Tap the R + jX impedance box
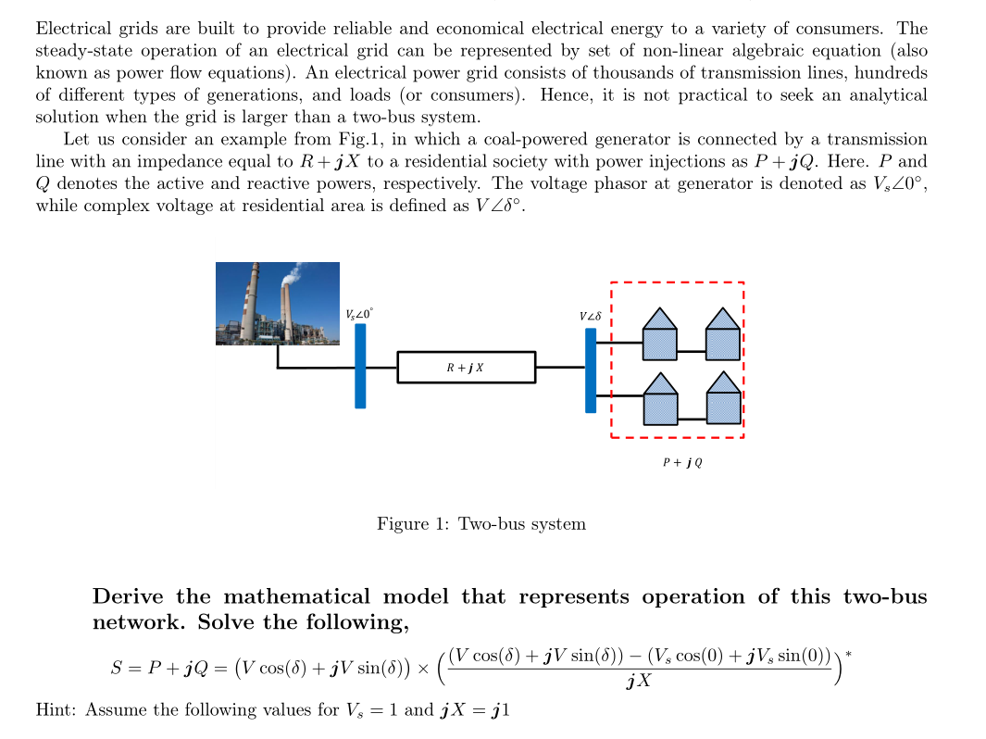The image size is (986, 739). pos(466,367)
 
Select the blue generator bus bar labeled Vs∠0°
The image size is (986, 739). pos(360,365)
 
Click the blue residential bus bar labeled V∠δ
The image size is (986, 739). pos(591,369)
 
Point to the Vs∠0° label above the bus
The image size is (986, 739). pos(359,314)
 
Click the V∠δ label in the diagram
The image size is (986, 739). pos(591,317)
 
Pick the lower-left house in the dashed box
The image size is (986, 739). pos(660,398)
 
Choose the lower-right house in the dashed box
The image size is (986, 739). pos(723,398)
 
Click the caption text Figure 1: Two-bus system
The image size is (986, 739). pos(481,524)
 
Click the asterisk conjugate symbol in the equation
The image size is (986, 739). pos(848,655)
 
